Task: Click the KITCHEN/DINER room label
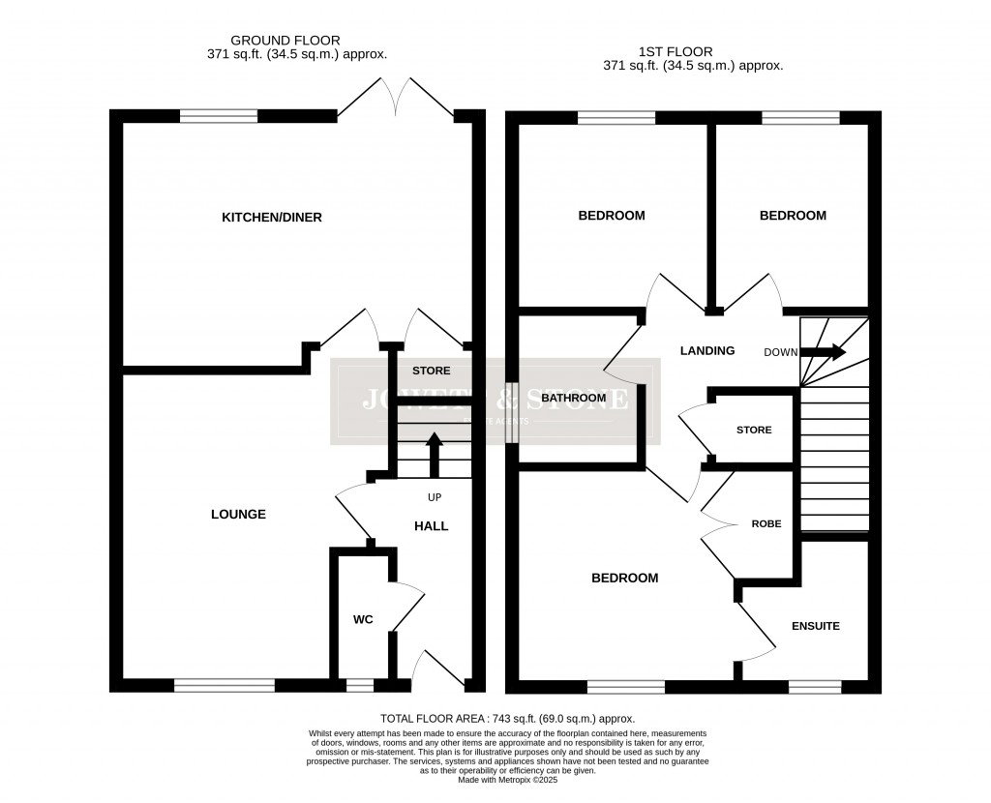click(x=272, y=218)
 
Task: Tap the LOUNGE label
click(x=238, y=515)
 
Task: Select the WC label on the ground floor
click(x=363, y=619)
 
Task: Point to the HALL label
click(x=432, y=526)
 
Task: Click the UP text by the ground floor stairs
click(x=435, y=496)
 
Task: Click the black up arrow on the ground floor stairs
click(x=434, y=454)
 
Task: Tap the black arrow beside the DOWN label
click(x=823, y=352)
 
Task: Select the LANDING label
click(x=707, y=351)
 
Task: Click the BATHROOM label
click(x=573, y=398)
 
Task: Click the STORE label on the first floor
click(x=754, y=430)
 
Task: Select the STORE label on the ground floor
click(x=431, y=371)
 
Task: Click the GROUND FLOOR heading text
click(x=285, y=40)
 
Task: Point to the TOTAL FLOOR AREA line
click(x=507, y=719)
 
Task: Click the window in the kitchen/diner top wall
click(x=219, y=116)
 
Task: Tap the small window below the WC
click(x=359, y=686)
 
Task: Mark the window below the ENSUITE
click(x=814, y=687)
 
